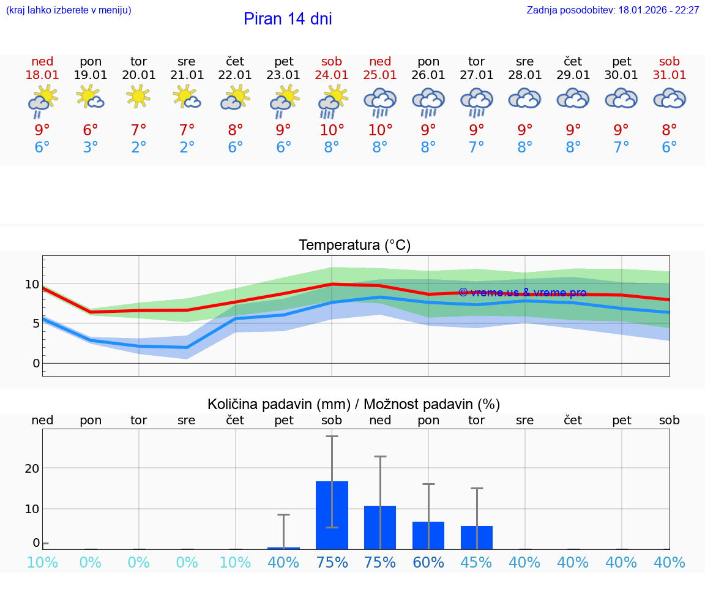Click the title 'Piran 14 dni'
[x=288, y=19]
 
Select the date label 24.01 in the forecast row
[x=332, y=75]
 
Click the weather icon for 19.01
[x=91, y=97]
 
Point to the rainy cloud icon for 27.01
[x=477, y=102]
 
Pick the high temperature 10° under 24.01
[x=332, y=130]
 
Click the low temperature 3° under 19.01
[x=91, y=148]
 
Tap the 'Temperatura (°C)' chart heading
[x=354, y=246]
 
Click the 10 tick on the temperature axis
[x=32, y=284]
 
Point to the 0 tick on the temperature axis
[x=35, y=363]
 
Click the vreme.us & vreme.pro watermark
[x=522, y=293]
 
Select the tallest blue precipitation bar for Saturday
[x=332, y=515]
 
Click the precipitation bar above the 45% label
[x=477, y=537]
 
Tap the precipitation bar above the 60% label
[x=428, y=535]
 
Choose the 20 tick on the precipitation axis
[x=32, y=468]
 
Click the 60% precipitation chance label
[x=428, y=562]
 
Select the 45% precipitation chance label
[x=477, y=562]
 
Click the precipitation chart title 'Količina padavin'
[x=354, y=404]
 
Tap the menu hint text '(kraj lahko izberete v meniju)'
[x=69, y=10]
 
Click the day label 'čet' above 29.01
[x=573, y=61]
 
